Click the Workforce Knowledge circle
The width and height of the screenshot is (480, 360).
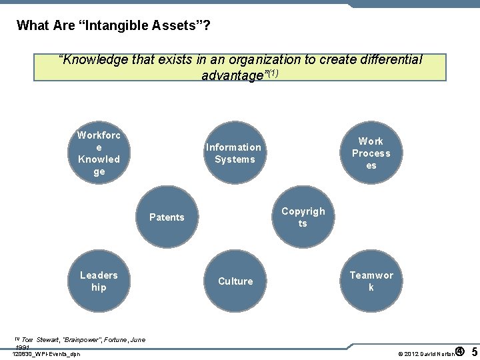(x=99, y=153)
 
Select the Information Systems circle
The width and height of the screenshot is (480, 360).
(x=233, y=153)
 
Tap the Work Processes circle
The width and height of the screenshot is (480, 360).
(x=371, y=153)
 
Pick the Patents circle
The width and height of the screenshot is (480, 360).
(x=167, y=217)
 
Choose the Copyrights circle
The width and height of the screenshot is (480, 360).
(x=303, y=217)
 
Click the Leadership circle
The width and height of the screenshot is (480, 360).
(x=99, y=281)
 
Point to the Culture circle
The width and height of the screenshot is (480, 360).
(x=235, y=281)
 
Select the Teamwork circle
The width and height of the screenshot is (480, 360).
(x=371, y=281)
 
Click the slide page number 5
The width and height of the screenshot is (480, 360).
(x=474, y=351)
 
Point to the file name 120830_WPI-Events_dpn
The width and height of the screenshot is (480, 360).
(x=47, y=354)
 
